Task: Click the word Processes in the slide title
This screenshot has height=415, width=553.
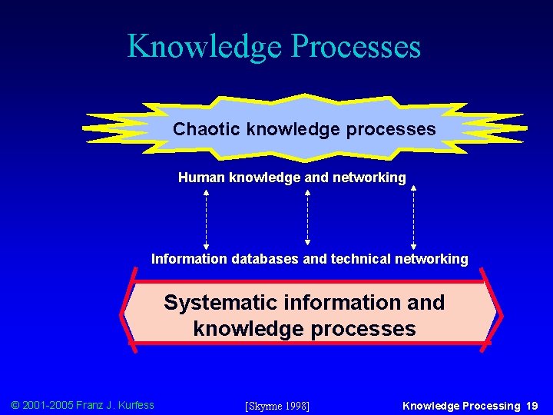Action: [356, 46]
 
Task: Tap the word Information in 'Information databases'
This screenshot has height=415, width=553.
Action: [185, 259]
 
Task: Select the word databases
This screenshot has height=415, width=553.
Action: [261, 259]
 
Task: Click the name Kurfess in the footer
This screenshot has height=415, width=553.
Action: [135, 405]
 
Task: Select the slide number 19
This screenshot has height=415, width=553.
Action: [532, 406]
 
